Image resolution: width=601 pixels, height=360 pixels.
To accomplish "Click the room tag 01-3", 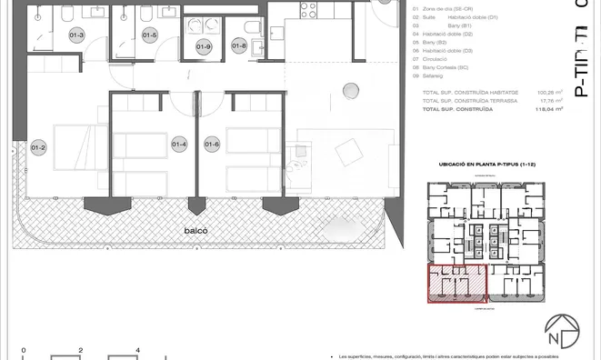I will [76, 35].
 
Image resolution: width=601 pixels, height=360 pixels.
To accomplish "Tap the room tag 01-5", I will [150, 35].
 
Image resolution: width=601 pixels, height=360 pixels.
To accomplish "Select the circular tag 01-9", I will [204, 46].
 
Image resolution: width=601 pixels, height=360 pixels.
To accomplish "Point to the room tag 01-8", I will [240, 45].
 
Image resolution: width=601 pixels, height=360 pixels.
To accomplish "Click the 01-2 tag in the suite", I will [38, 148].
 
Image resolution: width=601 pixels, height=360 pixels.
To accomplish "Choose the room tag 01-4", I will [178, 145].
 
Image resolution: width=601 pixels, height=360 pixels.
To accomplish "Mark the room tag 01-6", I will [212, 145].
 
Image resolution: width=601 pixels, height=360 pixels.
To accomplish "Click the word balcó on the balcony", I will [195, 230].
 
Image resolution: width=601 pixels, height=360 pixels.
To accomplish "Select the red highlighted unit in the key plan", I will [456, 285].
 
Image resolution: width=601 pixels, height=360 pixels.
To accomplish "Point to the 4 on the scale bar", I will [137, 349].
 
